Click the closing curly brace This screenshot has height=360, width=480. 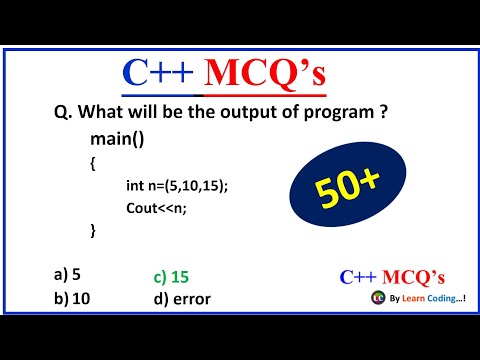click(93, 229)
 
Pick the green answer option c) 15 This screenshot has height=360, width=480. click(172, 276)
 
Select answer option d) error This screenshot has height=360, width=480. click(182, 298)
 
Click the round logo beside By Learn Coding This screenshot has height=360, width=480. click(377, 298)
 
